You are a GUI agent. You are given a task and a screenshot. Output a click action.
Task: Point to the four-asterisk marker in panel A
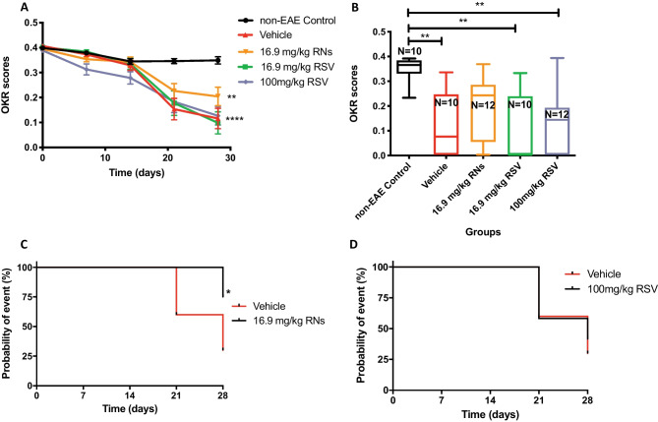(x=262, y=121)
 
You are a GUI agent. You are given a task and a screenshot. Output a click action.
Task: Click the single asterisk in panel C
(x=228, y=293)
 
